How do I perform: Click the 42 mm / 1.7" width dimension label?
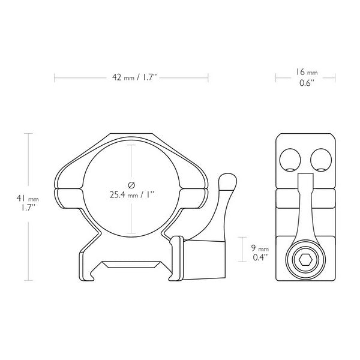(x=131, y=77)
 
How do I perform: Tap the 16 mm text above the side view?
(x=307, y=73)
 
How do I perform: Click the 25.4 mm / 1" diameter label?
(x=131, y=194)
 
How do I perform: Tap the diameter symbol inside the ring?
(x=131, y=184)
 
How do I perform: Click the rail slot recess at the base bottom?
(x=131, y=263)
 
